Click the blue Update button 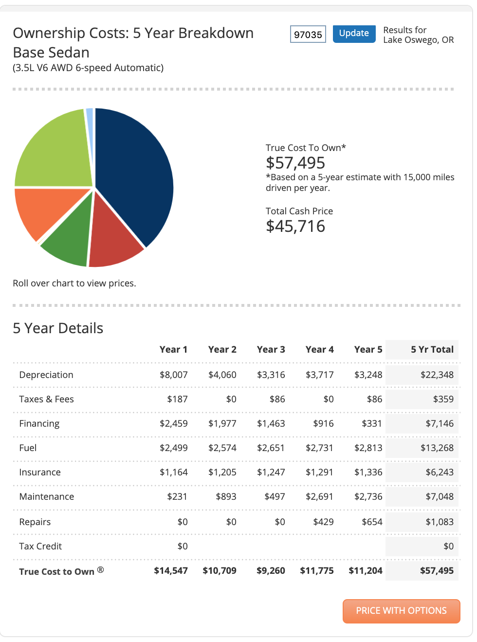click(354, 34)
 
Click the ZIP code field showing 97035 click(308, 34)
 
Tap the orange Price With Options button click(401, 611)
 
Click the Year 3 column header click(271, 349)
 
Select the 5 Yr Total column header click(432, 349)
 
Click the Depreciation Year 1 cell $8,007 click(174, 375)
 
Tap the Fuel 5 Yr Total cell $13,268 click(437, 448)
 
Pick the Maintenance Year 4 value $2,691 click(319, 496)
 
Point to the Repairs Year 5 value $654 click(372, 522)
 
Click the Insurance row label click(40, 472)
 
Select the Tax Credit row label click(40, 546)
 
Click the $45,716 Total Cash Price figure click(295, 226)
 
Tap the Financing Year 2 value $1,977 click(222, 423)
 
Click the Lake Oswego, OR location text click(419, 40)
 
